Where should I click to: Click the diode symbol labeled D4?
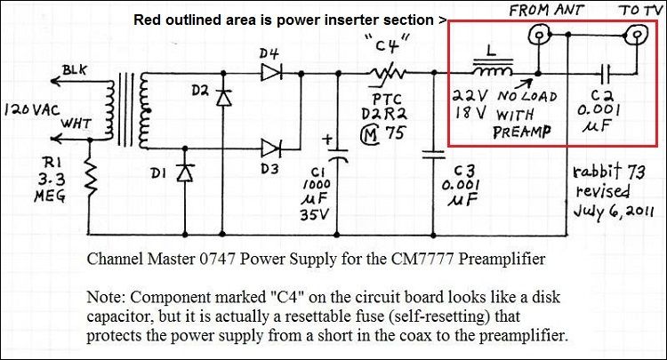(271, 73)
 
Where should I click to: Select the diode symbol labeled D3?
(271, 148)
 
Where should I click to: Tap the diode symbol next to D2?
(223, 97)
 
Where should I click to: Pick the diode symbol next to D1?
(185, 173)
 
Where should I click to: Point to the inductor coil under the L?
(492, 70)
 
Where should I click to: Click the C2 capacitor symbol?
(606, 74)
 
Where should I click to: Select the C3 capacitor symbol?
(433, 155)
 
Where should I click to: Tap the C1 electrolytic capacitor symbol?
(337, 156)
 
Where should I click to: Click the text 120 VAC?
(32, 111)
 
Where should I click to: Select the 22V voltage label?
(470, 96)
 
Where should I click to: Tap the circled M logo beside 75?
(369, 134)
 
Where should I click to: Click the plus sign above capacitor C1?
(327, 140)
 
